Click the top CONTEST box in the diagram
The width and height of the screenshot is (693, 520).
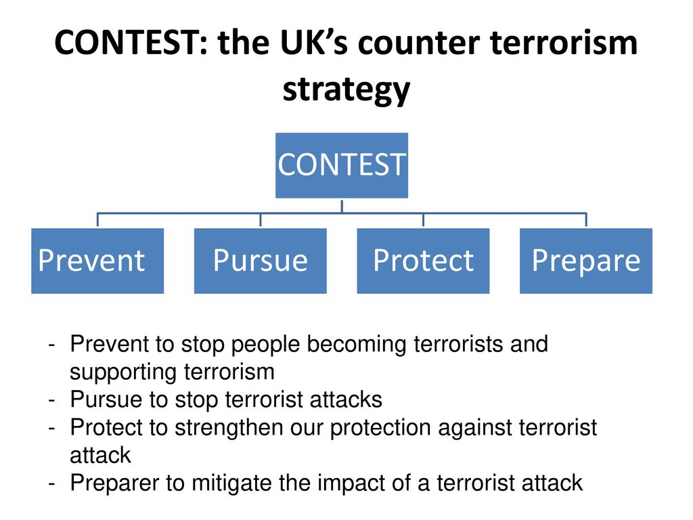point(342,165)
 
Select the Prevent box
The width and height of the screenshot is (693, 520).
point(97,261)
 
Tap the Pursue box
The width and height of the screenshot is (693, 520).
point(261,261)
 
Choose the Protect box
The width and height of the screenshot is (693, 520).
point(423,261)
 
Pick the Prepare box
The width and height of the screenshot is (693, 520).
point(586,261)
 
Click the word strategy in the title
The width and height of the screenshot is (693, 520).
point(346,90)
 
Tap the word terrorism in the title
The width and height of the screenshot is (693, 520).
point(564,43)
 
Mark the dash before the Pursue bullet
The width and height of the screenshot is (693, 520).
point(52,400)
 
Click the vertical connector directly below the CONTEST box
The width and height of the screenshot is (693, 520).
point(342,206)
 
